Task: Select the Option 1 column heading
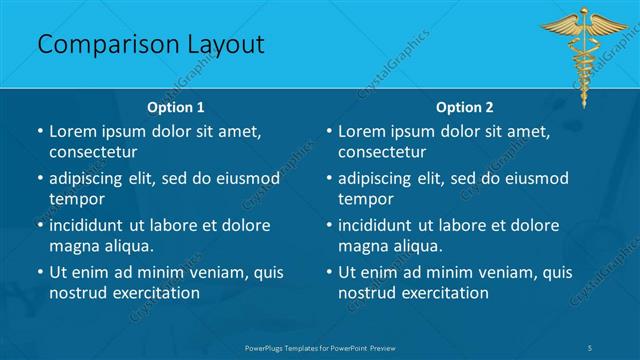[176, 107]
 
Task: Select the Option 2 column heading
[465, 107]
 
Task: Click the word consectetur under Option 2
[382, 152]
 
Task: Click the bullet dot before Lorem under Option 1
[40, 132]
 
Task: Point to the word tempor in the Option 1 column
[73, 199]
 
